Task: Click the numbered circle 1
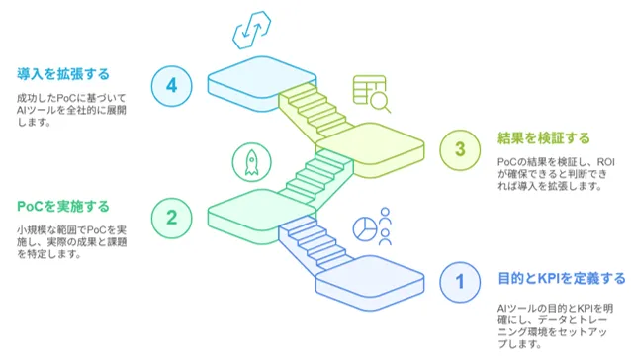pyautogui.click(x=460, y=282)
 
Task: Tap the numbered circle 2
pyautogui.click(x=172, y=218)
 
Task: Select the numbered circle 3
pyautogui.click(x=460, y=149)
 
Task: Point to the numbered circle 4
pyautogui.click(x=172, y=86)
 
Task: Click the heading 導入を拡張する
pyautogui.click(x=63, y=74)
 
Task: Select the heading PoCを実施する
pyautogui.click(x=63, y=207)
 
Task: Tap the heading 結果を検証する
pyautogui.click(x=544, y=138)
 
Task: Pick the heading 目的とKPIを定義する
pyautogui.click(x=562, y=278)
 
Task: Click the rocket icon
pyautogui.click(x=251, y=162)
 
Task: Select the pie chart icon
pyautogui.click(x=365, y=228)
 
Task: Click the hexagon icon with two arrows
pyautogui.click(x=252, y=31)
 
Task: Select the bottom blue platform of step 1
pyautogui.click(x=370, y=283)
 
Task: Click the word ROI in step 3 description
pyautogui.click(x=605, y=162)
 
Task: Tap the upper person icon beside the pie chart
pyautogui.click(x=385, y=216)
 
